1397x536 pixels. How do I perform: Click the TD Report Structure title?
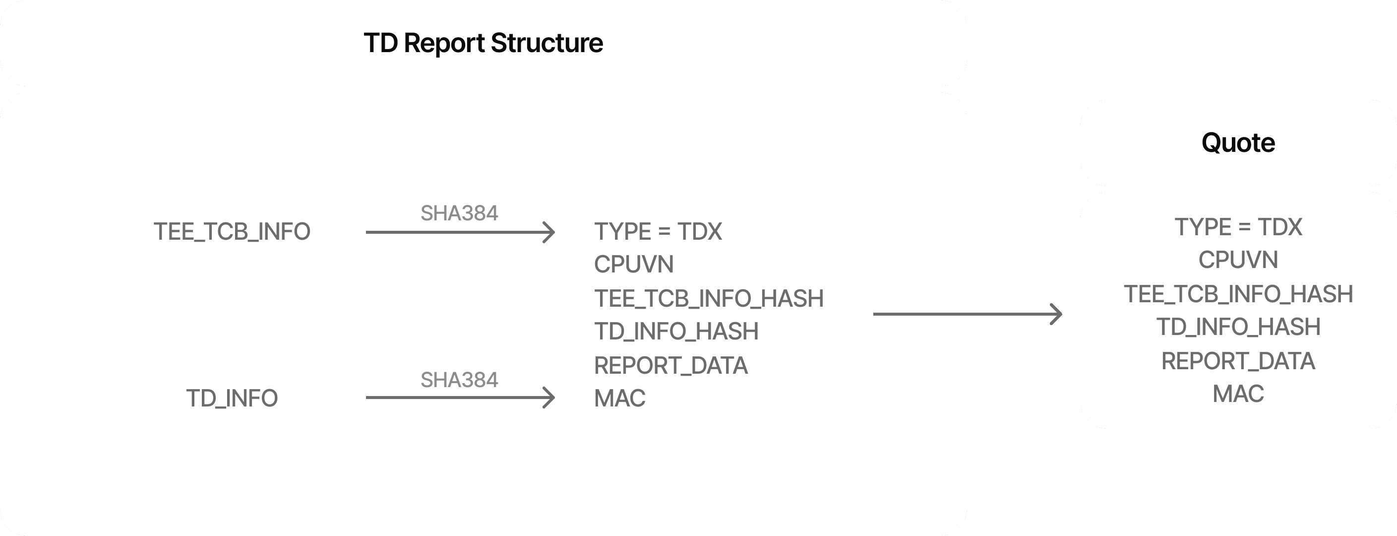(483, 43)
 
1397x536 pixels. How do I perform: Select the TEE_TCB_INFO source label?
(232, 232)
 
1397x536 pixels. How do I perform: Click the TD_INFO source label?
(232, 398)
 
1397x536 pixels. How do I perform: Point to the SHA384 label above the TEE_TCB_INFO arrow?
(459, 213)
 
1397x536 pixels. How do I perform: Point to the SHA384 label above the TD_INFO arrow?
(459, 380)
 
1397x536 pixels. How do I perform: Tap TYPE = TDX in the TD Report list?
(658, 232)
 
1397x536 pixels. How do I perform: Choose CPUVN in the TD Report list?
(633, 265)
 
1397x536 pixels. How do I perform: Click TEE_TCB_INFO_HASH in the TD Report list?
(708, 298)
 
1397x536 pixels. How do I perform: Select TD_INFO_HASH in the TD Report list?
(676, 332)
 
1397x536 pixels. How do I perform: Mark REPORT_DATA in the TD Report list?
(670, 365)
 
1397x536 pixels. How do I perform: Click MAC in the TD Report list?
(619, 398)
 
